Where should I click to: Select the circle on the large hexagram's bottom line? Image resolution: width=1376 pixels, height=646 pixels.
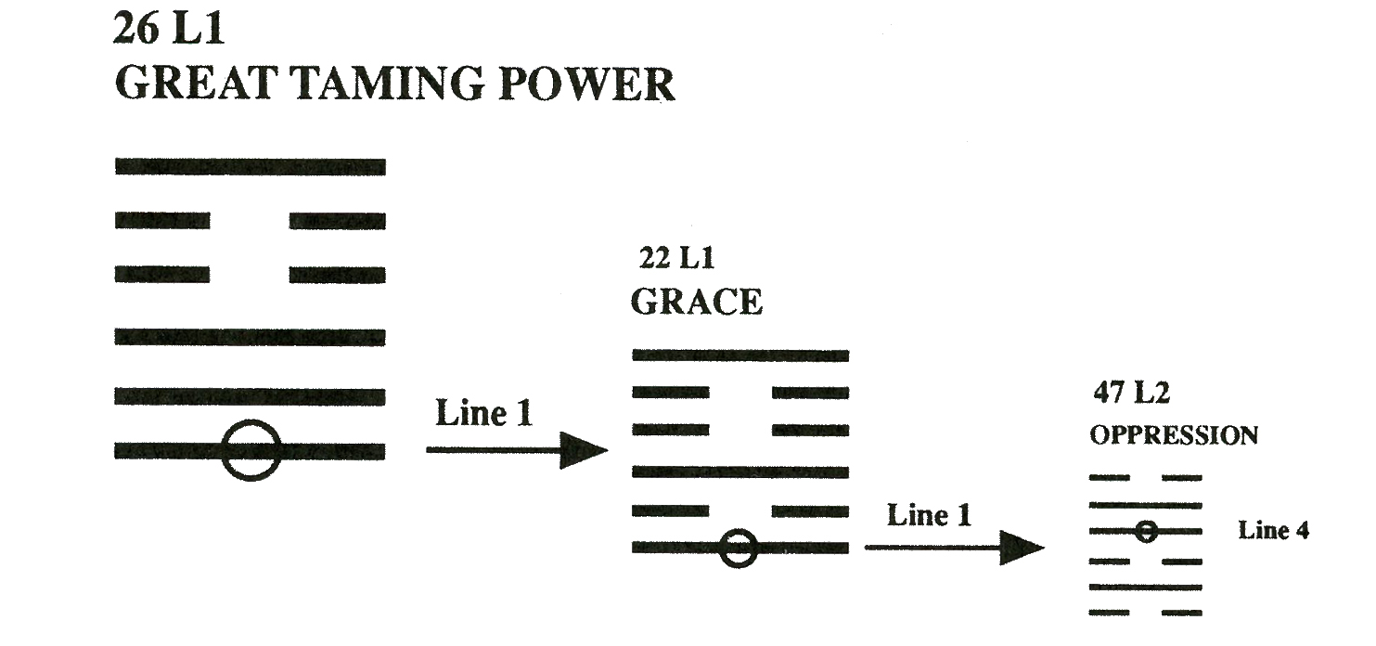click(x=251, y=450)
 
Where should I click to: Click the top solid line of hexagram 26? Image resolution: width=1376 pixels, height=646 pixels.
click(x=250, y=167)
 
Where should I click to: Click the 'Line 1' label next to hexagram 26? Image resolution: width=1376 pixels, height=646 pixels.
click(x=484, y=413)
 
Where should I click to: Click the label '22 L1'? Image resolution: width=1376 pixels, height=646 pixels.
click(x=677, y=259)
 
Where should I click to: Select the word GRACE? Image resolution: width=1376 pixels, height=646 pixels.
click(x=697, y=302)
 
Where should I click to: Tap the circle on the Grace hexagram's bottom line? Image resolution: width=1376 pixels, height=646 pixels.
click(x=739, y=548)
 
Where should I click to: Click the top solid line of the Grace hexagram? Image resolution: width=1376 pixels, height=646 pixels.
click(x=739, y=355)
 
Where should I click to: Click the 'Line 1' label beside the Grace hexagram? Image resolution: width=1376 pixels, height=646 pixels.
click(x=929, y=515)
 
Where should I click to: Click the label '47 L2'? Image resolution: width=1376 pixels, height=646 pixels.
click(x=1130, y=394)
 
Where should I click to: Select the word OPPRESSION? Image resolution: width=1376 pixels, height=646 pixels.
click(x=1174, y=435)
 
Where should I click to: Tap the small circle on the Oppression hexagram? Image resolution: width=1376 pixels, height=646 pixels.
click(x=1147, y=532)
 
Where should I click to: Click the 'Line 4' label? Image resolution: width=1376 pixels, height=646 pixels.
click(x=1273, y=532)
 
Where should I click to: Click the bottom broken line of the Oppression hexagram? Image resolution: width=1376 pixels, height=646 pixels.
click(x=1110, y=613)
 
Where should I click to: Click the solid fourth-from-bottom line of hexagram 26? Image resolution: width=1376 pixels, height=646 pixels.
click(x=250, y=336)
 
